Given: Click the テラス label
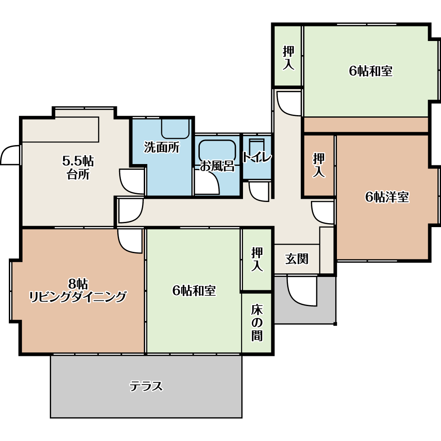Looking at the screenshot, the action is click(146, 386).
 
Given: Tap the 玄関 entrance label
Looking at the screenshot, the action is click(297, 259).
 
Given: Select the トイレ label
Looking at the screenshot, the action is click(257, 157).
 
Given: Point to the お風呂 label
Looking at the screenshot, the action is click(217, 166).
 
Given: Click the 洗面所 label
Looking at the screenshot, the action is click(162, 147).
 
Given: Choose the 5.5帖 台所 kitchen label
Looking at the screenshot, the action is click(78, 168).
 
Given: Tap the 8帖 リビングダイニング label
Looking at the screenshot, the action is click(78, 290).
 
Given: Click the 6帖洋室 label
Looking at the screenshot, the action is click(387, 197).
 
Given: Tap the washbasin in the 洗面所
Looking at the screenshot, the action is click(175, 129).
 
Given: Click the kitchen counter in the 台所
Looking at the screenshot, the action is click(60, 129).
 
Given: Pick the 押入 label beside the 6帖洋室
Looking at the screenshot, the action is click(319, 165).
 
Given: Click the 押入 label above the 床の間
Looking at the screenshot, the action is click(257, 259).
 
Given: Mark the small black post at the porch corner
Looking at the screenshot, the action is click(335, 324).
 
